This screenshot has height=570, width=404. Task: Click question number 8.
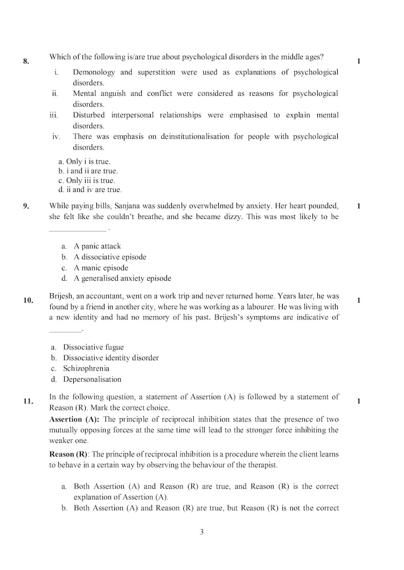[26, 61]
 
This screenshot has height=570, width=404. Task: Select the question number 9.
[26, 206]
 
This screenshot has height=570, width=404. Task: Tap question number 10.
[29, 301]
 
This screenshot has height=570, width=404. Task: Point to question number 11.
[29, 401]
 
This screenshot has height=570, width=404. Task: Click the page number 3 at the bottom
[201, 532]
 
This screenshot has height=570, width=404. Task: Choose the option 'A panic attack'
[97, 246]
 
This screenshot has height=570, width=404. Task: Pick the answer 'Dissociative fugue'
[93, 347]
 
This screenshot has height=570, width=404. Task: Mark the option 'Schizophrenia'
[86, 369]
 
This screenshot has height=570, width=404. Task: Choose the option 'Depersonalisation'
[92, 380]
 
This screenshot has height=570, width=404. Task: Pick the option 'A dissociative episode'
[110, 257]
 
